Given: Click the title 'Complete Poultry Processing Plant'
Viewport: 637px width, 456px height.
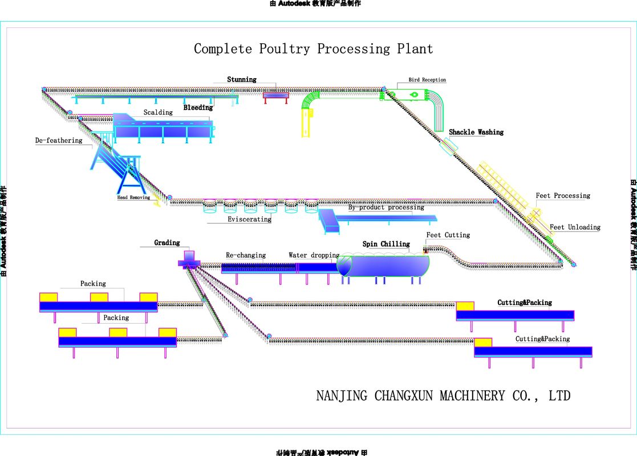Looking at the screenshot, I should pos(313,49).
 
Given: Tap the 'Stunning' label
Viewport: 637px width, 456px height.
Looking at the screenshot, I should pos(242,80).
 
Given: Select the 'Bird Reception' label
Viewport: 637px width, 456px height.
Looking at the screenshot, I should pos(427,80).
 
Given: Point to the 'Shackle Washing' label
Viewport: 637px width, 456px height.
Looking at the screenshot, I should pos(476,132).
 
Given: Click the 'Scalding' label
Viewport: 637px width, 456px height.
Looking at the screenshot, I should pos(158,112).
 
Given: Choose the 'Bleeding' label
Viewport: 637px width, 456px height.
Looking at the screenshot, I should pos(198,107).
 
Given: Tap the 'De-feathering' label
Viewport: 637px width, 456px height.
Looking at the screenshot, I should pos(59,140).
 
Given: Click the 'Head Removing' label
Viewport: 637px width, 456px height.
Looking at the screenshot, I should pos(133,198).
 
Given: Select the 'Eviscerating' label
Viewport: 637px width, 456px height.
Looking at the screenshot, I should pos(249,219).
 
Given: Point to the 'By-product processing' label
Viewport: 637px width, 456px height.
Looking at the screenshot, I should pos(386,207).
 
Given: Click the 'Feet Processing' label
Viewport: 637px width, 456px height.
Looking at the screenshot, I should pos(563,196).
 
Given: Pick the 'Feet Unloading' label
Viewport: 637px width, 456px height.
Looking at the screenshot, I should pos(575,227).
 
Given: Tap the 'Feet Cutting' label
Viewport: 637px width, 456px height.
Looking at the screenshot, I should pos(448,235).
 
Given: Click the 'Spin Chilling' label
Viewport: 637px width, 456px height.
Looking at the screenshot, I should pos(386,244).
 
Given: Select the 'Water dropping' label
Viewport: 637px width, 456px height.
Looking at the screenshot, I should pos(314,255).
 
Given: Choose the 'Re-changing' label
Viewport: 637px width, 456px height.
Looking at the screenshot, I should pos(246,255).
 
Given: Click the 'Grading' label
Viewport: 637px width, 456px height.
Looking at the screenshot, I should pos(167,243).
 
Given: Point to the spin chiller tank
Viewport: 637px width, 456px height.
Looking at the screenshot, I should pos(383,266).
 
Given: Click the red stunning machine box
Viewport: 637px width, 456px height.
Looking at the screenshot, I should pos(276,95).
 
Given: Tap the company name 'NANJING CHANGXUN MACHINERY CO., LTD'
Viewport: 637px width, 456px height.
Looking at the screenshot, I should pos(443,396).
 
